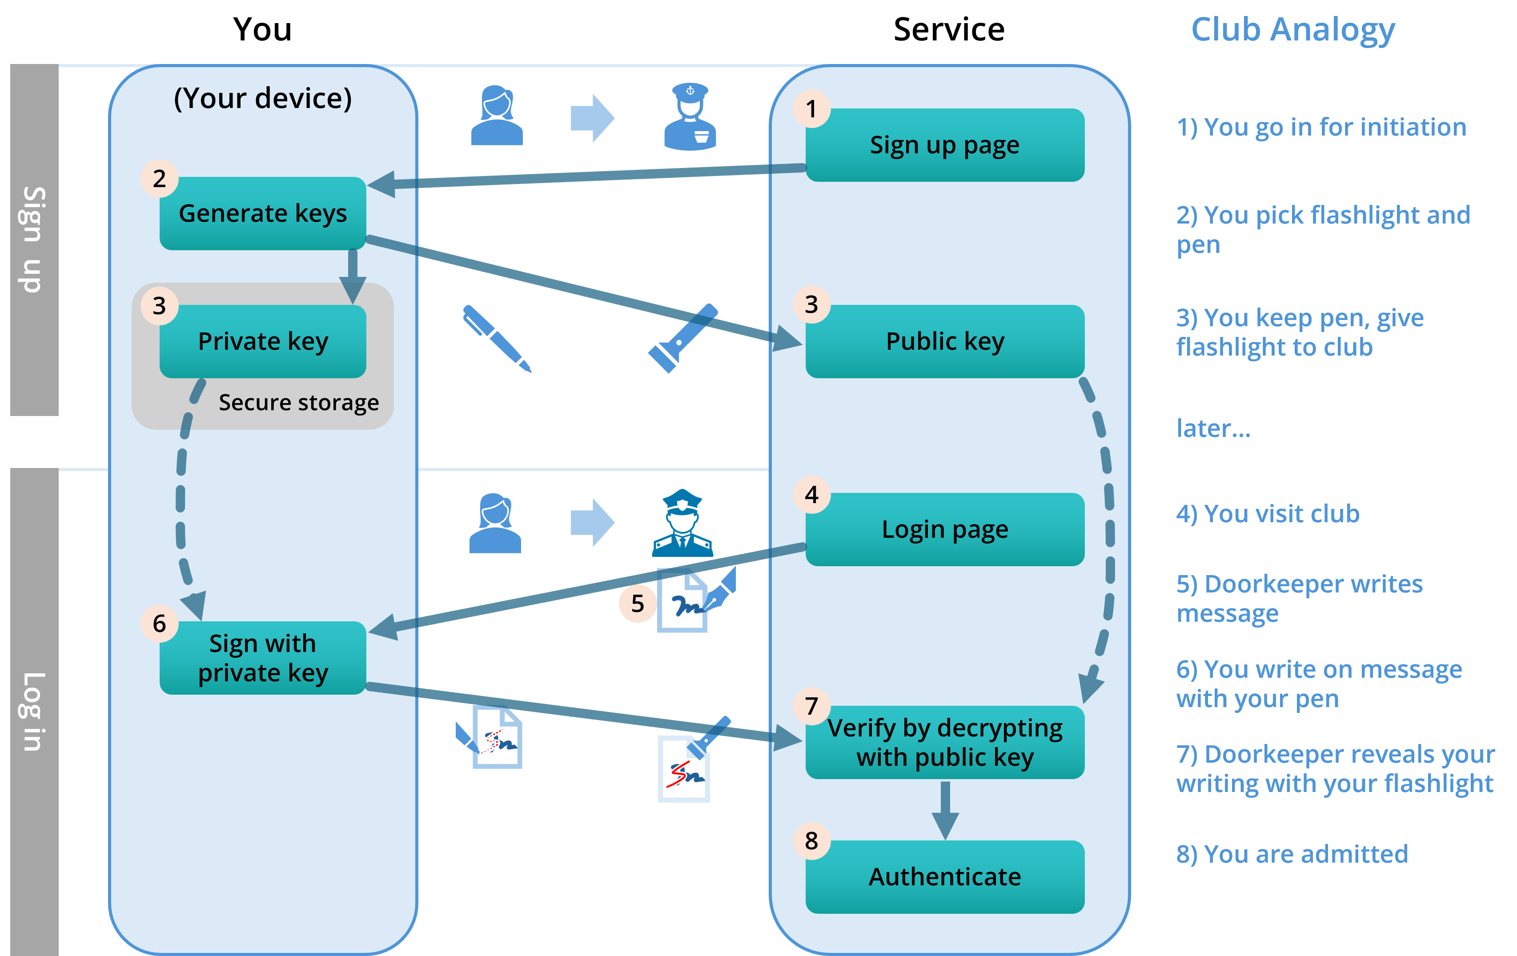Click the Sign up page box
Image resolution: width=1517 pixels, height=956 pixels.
[x=944, y=145]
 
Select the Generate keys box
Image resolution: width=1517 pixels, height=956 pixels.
[x=263, y=213]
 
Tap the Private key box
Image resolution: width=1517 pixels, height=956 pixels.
[x=263, y=341]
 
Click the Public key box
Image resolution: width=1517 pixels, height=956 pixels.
[x=944, y=341]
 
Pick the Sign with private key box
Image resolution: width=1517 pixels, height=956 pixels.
[x=263, y=658]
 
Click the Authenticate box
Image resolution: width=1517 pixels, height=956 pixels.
[x=944, y=876]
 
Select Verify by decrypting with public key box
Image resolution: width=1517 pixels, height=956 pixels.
[x=944, y=743]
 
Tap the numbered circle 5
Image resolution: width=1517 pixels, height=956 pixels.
[x=638, y=603]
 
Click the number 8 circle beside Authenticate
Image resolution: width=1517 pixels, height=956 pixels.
[x=811, y=841]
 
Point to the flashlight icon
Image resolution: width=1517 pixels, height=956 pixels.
[x=682, y=338]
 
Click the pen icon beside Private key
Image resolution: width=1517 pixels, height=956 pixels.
[x=497, y=338]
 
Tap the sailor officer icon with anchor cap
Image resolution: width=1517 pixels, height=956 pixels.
[x=690, y=118]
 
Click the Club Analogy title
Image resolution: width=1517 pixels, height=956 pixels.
[x=1293, y=30]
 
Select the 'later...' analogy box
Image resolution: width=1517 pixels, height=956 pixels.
[x=1338, y=428]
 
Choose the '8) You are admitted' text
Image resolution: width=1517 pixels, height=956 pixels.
[x=1292, y=854]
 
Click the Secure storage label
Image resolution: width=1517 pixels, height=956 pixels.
[x=299, y=402]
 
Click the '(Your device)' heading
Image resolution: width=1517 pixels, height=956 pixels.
[x=263, y=98]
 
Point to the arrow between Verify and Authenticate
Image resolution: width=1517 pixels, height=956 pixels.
[x=945, y=811]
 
